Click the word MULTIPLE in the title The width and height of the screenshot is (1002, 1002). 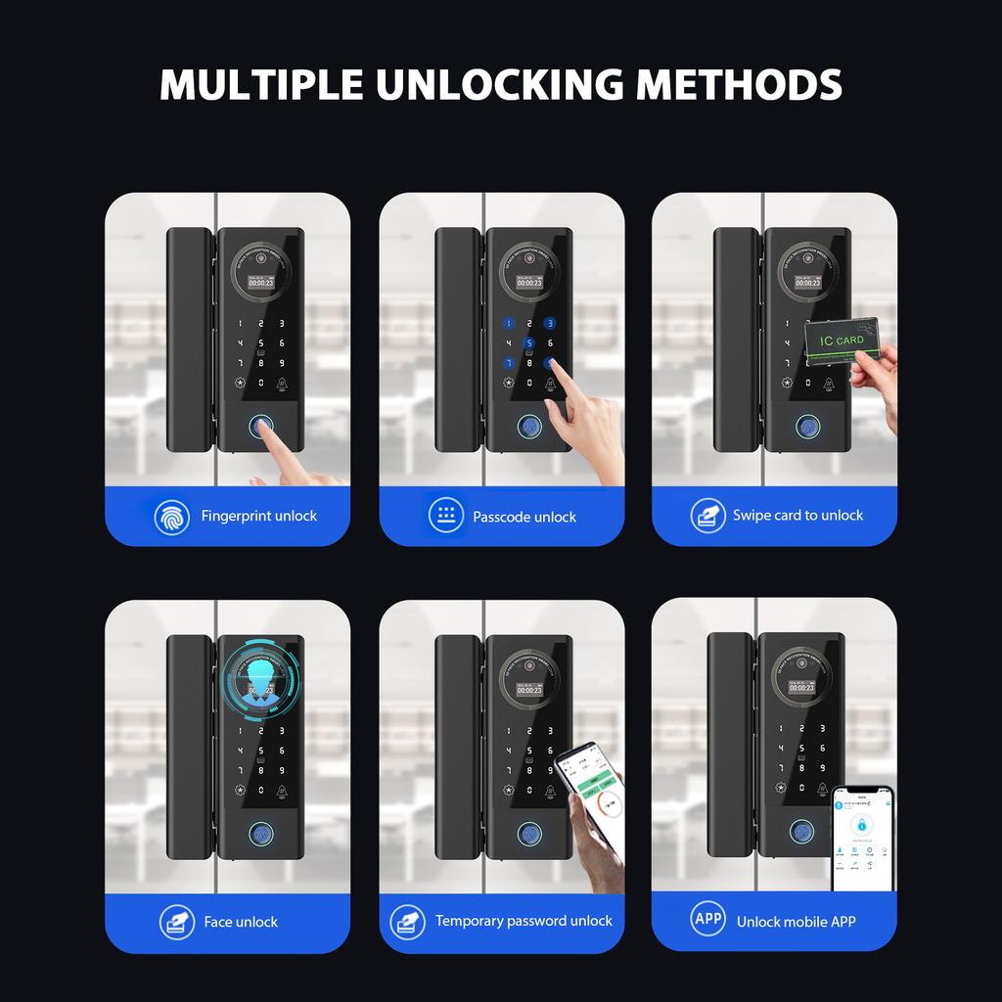click(262, 84)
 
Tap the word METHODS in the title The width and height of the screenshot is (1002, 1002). click(739, 84)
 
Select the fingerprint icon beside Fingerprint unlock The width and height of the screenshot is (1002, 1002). click(172, 516)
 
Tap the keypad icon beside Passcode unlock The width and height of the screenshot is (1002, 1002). click(445, 515)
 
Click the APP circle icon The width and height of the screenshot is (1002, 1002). click(707, 919)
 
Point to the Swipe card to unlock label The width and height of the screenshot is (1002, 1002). click(797, 515)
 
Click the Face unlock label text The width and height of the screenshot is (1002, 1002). click(241, 922)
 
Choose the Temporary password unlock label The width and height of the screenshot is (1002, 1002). click(524, 921)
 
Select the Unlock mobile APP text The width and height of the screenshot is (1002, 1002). click(796, 921)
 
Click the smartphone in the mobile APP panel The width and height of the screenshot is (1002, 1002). click(863, 839)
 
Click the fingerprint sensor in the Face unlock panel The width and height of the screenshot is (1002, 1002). click(261, 835)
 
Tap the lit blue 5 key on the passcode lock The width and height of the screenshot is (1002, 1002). click(529, 343)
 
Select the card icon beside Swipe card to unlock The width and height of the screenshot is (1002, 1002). click(707, 515)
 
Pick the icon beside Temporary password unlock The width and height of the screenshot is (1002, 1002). click(407, 921)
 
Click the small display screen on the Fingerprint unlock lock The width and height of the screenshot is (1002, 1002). click(261, 283)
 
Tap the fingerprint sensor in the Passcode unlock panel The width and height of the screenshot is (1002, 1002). click(529, 429)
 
